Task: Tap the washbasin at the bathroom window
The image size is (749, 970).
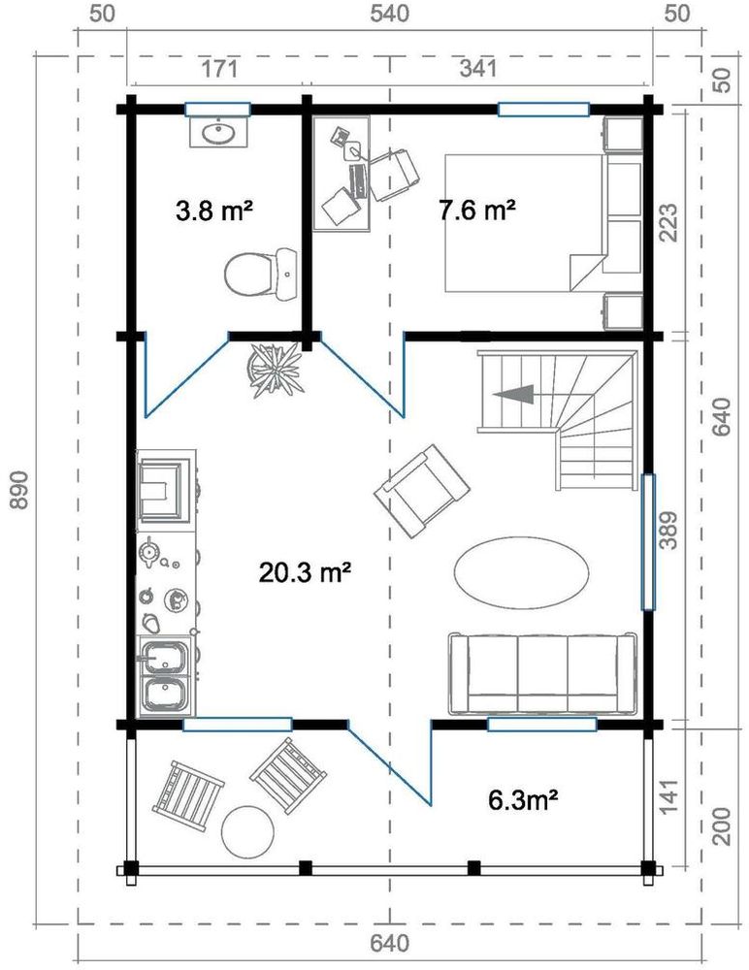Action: pos(218,133)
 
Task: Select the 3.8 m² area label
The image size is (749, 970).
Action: pos(214,210)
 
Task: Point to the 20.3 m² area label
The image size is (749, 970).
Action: pos(305,573)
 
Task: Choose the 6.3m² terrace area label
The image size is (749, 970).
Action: pos(523,800)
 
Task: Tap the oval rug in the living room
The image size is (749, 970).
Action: pos(520,571)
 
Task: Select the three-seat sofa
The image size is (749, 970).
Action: pos(543,672)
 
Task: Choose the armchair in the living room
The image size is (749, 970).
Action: pos(421,492)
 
